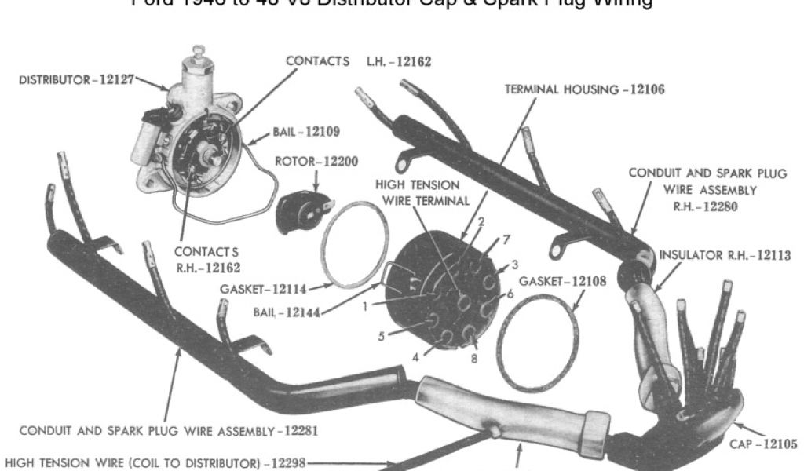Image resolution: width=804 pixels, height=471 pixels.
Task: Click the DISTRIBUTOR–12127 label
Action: (x=76, y=79)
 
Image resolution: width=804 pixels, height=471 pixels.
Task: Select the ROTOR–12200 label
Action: (x=316, y=162)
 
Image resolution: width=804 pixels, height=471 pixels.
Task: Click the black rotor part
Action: (x=298, y=210)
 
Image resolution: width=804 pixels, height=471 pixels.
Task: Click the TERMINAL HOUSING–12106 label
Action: (x=583, y=89)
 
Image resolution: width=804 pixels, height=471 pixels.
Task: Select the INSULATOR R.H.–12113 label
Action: (x=725, y=255)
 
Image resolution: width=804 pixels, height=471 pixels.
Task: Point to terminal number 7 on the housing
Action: (x=507, y=238)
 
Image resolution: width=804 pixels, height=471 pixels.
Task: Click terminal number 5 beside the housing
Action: (x=381, y=336)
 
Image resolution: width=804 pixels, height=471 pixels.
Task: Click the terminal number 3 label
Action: (x=514, y=263)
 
